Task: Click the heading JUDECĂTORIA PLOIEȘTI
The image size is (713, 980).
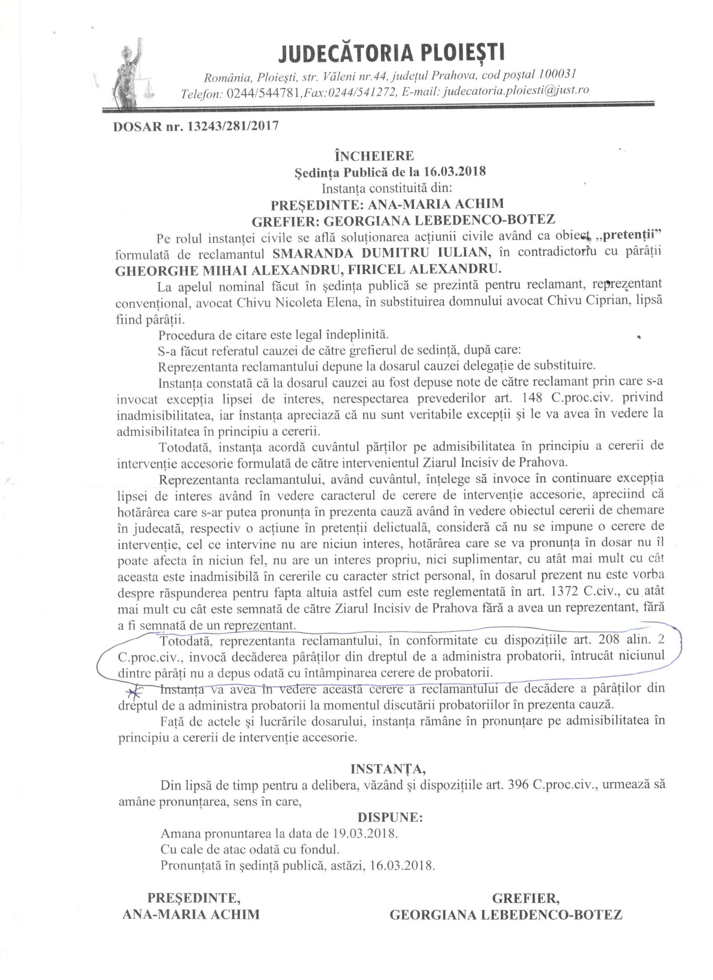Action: point(391,53)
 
